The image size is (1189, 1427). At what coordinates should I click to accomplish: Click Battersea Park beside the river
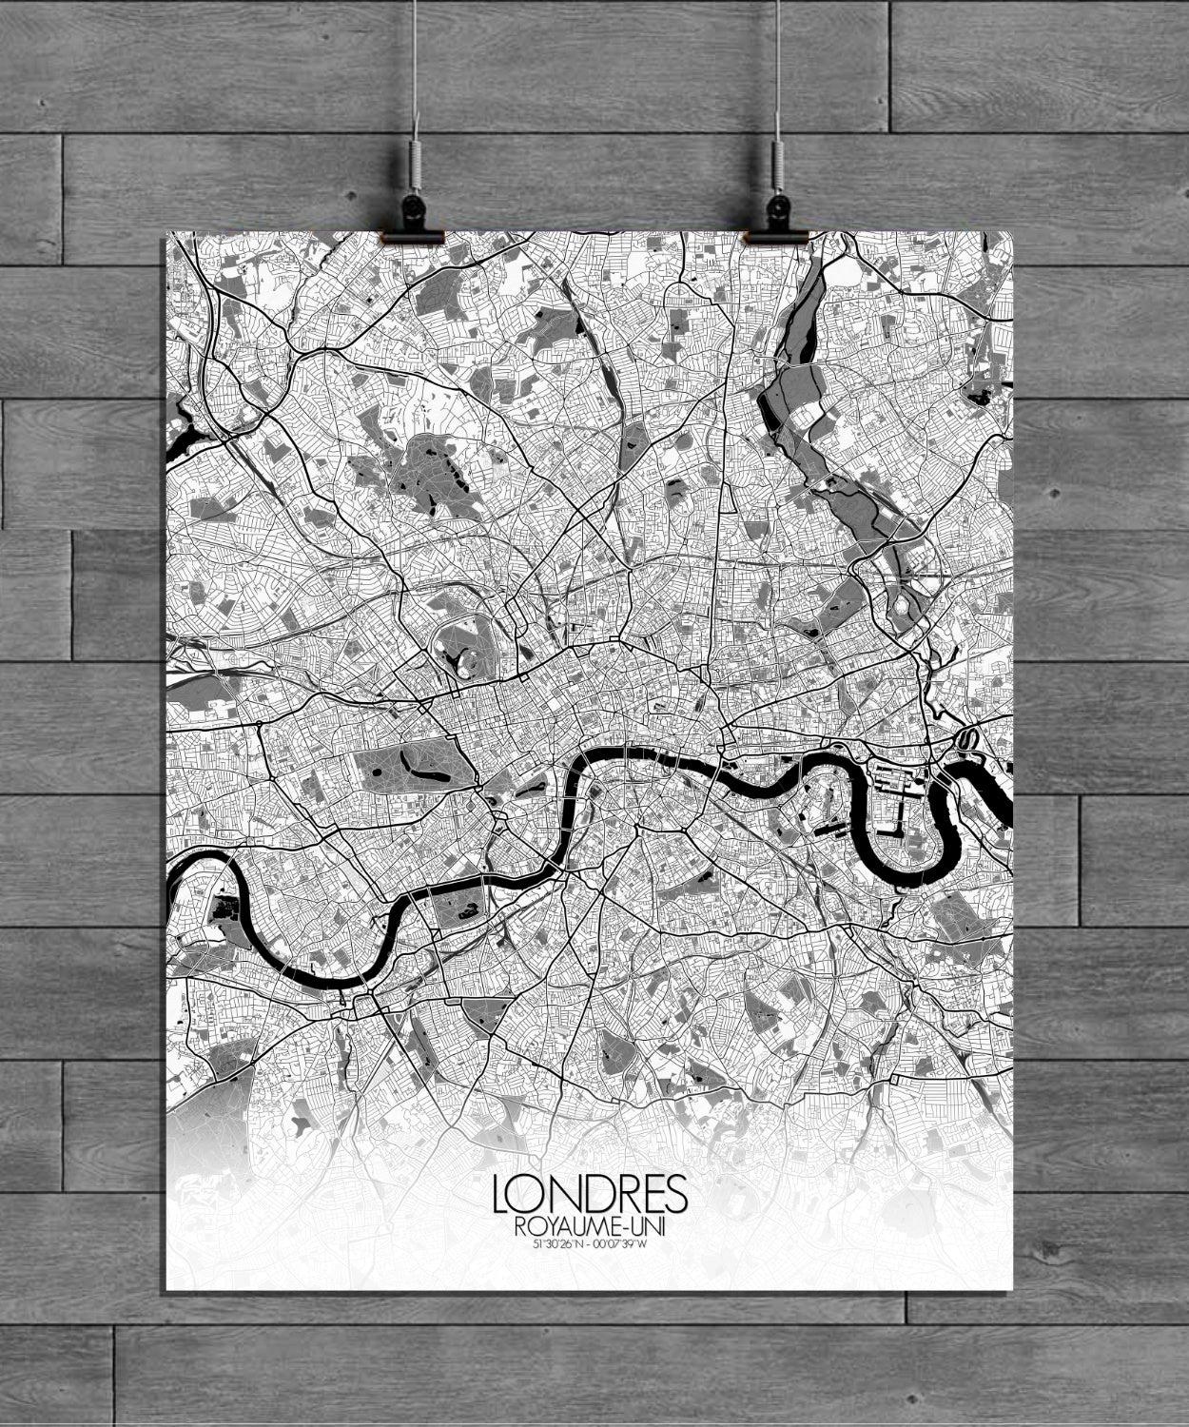point(459,906)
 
